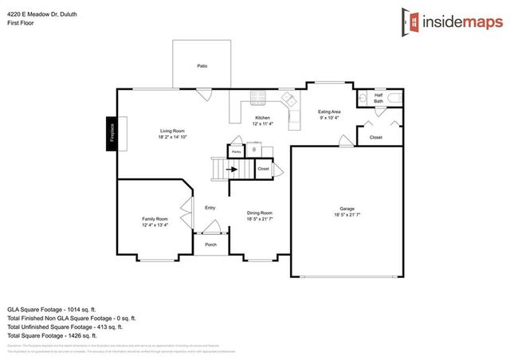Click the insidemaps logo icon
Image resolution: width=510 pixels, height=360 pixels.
[410, 22]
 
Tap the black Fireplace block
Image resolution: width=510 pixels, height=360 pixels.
[112, 132]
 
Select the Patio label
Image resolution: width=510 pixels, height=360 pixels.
[202, 66]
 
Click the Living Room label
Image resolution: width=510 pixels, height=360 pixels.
[172, 131]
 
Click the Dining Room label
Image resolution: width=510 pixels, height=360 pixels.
[259, 213]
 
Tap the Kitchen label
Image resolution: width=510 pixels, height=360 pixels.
[262, 118]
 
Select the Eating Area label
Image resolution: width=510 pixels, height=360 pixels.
[329, 112]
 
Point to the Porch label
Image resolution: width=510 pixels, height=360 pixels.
[210, 245]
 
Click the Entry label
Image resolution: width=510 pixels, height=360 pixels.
[210, 208]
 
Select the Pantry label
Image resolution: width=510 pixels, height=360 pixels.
[237, 150]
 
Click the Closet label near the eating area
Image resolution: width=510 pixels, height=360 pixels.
[375, 138]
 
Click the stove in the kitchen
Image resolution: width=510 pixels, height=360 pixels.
[257, 99]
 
